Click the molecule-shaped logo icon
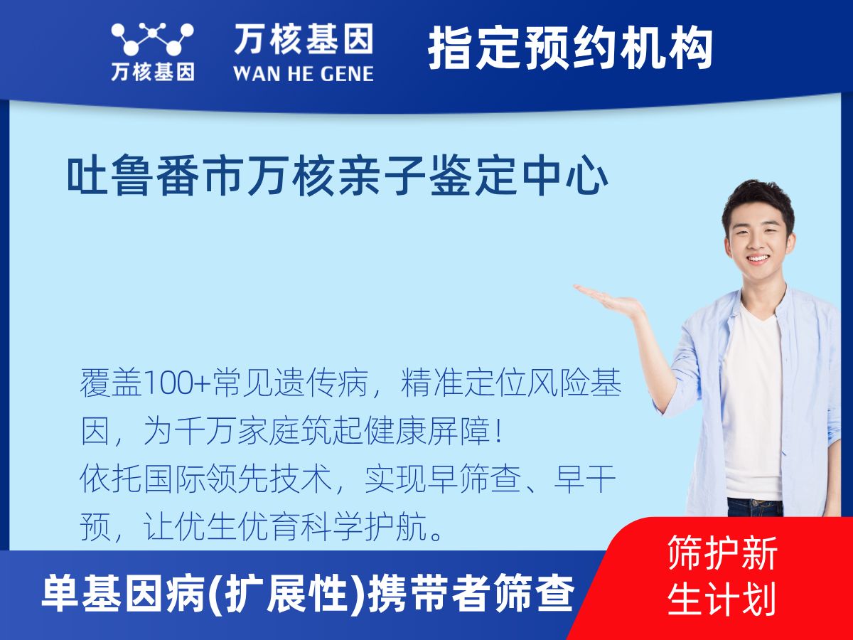click(x=152, y=39)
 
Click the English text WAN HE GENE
click(x=304, y=74)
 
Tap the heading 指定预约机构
click(x=571, y=48)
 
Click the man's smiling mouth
click(x=758, y=258)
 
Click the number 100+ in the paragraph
click(x=177, y=383)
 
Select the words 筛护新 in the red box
click(x=722, y=553)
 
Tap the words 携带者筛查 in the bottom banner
click(x=471, y=593)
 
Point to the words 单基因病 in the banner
click(x=124, y=593)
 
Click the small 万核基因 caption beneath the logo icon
click(x=153, y=72)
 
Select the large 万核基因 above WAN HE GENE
click(x=304, y=38)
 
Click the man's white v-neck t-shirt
click(x=752, y=404)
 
